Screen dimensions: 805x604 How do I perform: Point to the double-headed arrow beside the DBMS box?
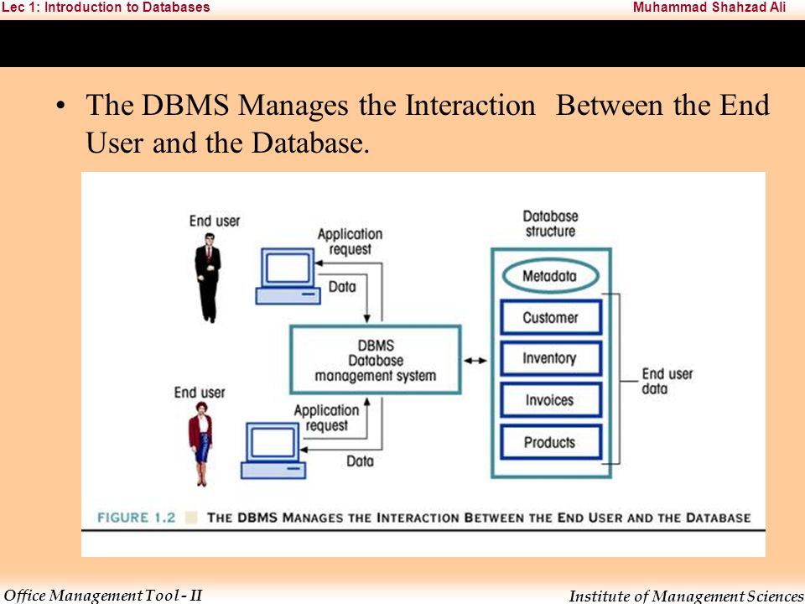click(475, 361)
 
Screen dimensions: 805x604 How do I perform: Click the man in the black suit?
click(208, 278)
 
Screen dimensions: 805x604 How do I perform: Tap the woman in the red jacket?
click(200, 444)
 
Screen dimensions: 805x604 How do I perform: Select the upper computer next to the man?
click(288, 276)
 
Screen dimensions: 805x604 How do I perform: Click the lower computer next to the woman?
click(273, 450)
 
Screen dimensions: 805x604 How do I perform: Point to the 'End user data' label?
click(667, 381)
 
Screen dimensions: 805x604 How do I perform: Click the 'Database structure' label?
click(550, 223)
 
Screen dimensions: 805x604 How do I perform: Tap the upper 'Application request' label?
click(351, 242)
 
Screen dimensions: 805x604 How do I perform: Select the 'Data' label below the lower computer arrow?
click(360, 461)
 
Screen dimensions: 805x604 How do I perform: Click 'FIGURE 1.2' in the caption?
click(137, 518)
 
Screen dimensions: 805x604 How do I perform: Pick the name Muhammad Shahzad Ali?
click(709, 8)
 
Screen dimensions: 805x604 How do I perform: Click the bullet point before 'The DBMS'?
click(61, 106)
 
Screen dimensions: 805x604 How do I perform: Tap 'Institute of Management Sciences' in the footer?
click(687, 596)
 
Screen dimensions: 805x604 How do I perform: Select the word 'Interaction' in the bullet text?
click(470, 105)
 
